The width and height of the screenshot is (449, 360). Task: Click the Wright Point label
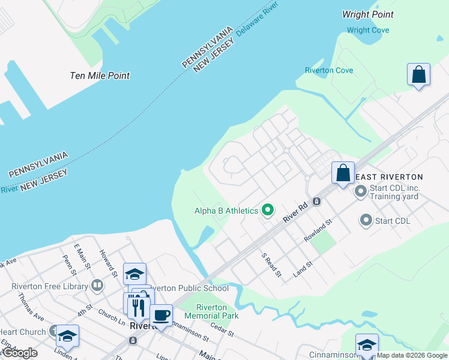tap(367, 14)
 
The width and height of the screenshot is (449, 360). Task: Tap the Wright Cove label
tap(367, 31)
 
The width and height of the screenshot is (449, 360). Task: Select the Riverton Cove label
tap(328, 70)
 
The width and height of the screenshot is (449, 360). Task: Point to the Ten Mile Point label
tap(100, 76)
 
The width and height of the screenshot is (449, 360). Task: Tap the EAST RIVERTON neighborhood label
tap(390, 177)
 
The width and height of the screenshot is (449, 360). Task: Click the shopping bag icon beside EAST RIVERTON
tap(343, 173)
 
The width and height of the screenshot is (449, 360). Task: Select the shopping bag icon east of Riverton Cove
tap(418, 75)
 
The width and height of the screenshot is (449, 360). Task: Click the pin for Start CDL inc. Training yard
tap(361, 191)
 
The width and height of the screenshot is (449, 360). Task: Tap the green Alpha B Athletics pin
tap(268, 211)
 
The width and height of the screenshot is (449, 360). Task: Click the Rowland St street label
tap(318, 232)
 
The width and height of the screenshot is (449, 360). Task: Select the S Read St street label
tap(272, 265)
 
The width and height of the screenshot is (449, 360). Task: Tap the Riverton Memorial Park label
tap(211, 311)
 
